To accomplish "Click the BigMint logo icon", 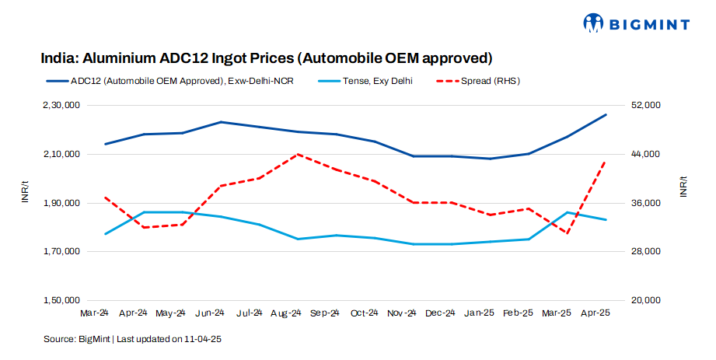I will (x=594, y=23).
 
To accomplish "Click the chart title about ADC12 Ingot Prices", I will (x=267, y=58).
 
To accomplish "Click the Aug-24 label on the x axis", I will (x=286, y=313).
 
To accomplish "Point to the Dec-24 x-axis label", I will (x=440, y=313).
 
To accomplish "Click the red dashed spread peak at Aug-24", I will (x=298, y=154).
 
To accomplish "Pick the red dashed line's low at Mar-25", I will (x=568, y=233).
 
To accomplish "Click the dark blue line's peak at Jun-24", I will (x=221, y=122).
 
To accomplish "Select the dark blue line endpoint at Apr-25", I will (x=606, y=115).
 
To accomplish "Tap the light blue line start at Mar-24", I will (x=105, y=234).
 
